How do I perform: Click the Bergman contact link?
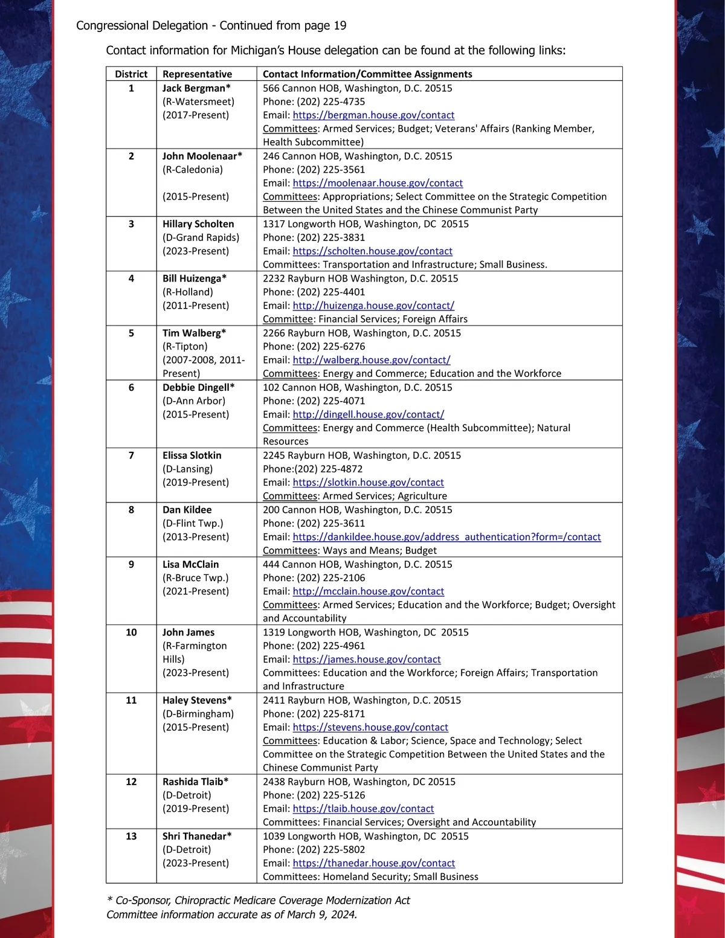[x=373, y=115]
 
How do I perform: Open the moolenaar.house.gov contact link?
[x=378, y=183]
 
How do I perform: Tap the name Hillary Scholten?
[x=198, y=224]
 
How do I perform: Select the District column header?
[x=131, y=74]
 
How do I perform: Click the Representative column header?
[x=197, y=74]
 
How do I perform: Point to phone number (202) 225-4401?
[x=331, y=292]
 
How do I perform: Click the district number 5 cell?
[x=131, y=333]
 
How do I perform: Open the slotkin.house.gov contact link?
[x=368, y=483]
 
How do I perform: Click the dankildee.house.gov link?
[x=446, y=537]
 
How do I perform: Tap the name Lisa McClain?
[x=190, y=565]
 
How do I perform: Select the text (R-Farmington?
[x=195, y=646]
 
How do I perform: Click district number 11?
[x=131, y=701]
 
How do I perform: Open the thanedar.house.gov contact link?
[x=373, y=864]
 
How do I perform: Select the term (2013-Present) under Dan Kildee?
[x=196, y=537]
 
